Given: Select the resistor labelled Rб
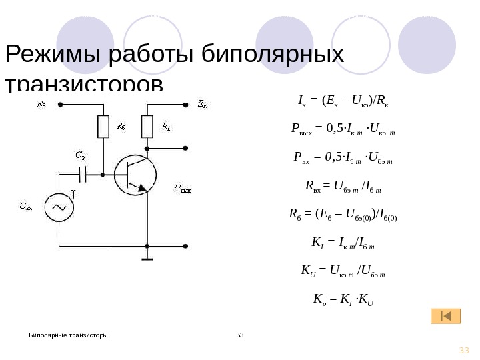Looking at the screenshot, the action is click(x=103, y=126).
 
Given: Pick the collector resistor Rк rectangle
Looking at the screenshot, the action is click(x=147, y=126).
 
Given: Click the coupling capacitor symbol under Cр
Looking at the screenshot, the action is click(x=83, y=175).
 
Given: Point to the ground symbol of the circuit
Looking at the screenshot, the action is click(x=147, y=259).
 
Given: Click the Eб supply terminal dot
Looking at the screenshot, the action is click(x=60, y=105).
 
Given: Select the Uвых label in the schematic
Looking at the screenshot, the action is click(x=182, y=189).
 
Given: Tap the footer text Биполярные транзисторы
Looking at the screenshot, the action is click(x=68, y=334).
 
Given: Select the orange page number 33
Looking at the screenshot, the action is click(x=464, y=351).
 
